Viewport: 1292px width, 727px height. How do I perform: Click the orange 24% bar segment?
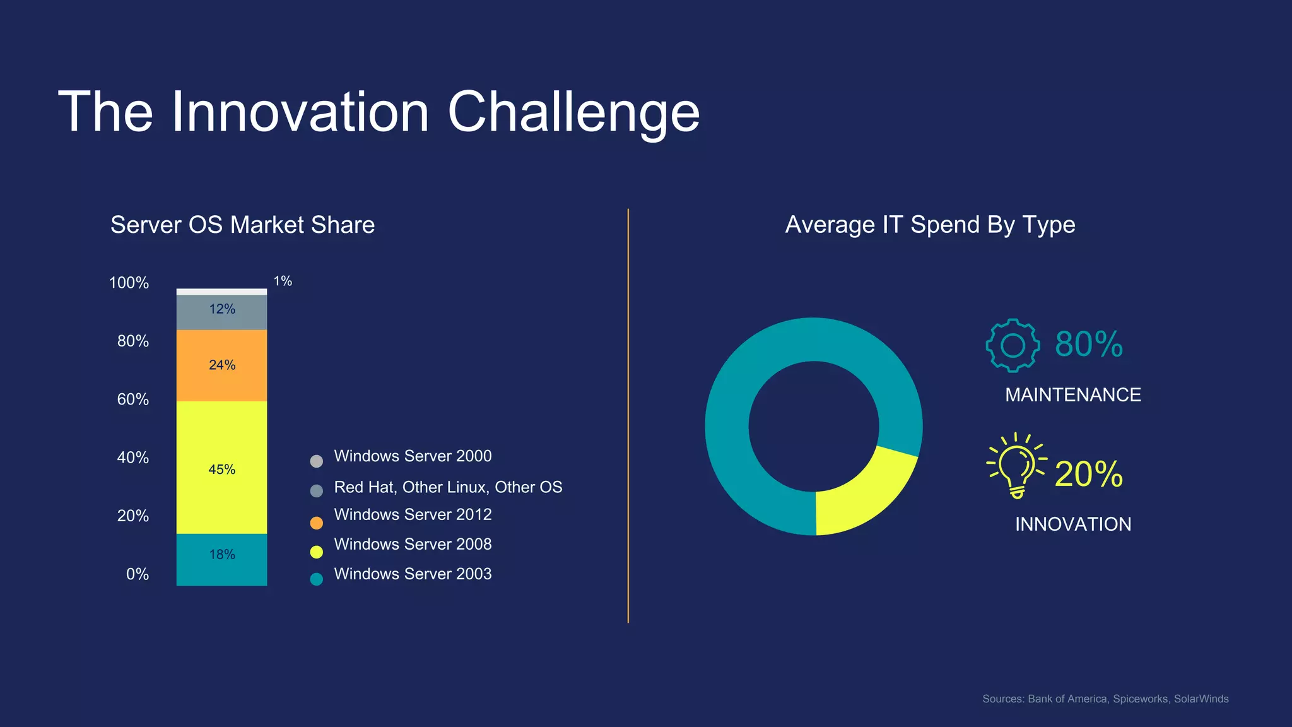(x=221, y=365)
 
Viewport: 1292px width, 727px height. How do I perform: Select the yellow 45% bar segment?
(x=221, y=468)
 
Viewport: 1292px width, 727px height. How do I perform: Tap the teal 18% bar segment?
(x=221, y=559)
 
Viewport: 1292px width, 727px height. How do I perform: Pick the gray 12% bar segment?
(x=221, y=312)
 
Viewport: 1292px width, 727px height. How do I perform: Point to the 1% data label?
(x=283, y=281)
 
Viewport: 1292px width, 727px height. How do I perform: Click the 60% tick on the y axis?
(x=132, y=399)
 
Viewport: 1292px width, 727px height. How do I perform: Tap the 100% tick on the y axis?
(x=129, y=283)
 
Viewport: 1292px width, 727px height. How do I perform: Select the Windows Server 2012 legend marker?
(x=317, y=523)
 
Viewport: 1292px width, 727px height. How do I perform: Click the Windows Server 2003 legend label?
(x=413, y=574)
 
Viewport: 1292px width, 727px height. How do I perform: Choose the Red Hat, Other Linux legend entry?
(x=448, y=487)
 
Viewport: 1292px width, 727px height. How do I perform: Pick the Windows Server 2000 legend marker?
(x=317, y=461)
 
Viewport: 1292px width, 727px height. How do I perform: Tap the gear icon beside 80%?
(x=1013, y=345)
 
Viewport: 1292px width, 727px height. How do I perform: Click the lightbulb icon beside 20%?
(x=1016, y=466)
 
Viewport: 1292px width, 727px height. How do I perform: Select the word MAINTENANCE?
(x=1072, y=395)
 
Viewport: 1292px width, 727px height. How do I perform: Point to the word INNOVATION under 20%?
(x=1072, y=524)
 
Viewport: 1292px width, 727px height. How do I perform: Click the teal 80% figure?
(x=1088, y=345)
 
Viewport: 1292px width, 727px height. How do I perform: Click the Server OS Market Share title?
(x=242, y=225)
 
